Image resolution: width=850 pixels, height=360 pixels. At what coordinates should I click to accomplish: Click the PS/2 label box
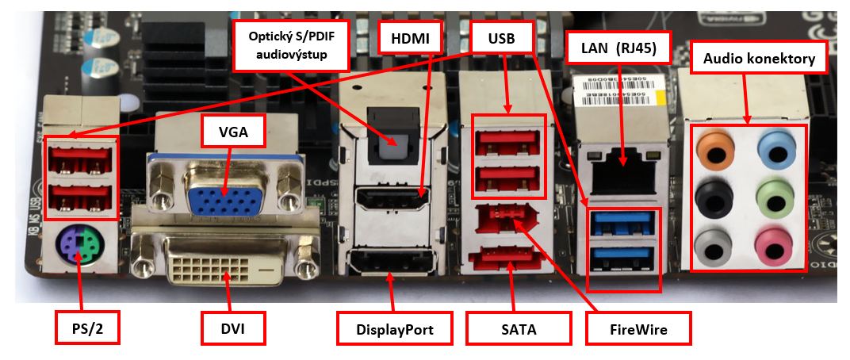tap(87, 327)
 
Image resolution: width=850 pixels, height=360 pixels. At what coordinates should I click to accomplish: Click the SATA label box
tap(519, 328)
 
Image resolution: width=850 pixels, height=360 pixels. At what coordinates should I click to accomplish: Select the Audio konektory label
tap(753, 59)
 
